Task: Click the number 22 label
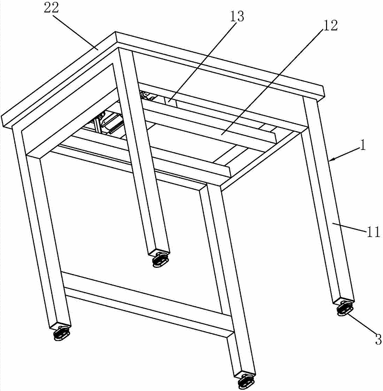click(51, 8)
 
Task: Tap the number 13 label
click(237, 17)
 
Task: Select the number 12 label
click(330, 25)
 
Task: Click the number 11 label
click(373, 232)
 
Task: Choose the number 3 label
click(378, 339)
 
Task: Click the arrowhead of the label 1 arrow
click(331, 160)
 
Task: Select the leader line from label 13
click(201, 62)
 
